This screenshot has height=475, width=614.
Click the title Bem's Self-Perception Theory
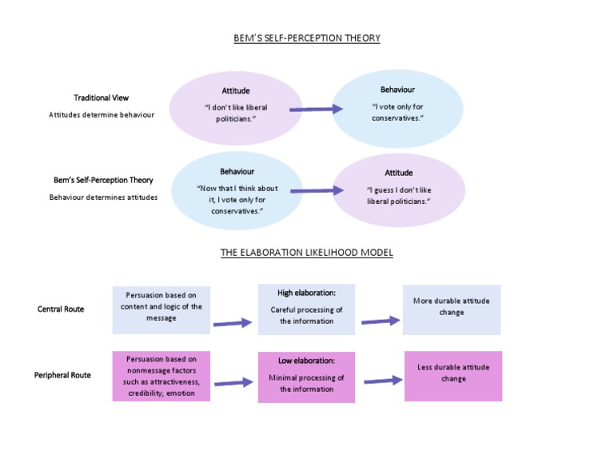click(307, 38)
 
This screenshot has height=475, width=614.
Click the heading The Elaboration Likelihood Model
click(307, 253)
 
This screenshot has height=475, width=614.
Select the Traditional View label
click(102, 98)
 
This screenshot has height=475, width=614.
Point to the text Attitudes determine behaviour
click(102, 114)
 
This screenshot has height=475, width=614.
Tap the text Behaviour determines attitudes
click(103, 197)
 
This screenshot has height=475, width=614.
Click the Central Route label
click(61, 309)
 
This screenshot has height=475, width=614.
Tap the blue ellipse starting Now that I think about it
click(237, 190)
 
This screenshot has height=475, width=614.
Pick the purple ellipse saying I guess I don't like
click(398, 190)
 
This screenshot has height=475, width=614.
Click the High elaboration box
click(306, 309)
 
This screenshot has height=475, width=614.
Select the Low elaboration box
click(306, 377)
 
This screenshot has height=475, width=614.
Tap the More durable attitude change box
click(452, 309)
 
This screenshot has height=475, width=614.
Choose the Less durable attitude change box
click(453, 375)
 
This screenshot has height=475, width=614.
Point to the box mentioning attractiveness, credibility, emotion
click(161, 376)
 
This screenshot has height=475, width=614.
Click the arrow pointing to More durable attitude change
click(380, 321)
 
